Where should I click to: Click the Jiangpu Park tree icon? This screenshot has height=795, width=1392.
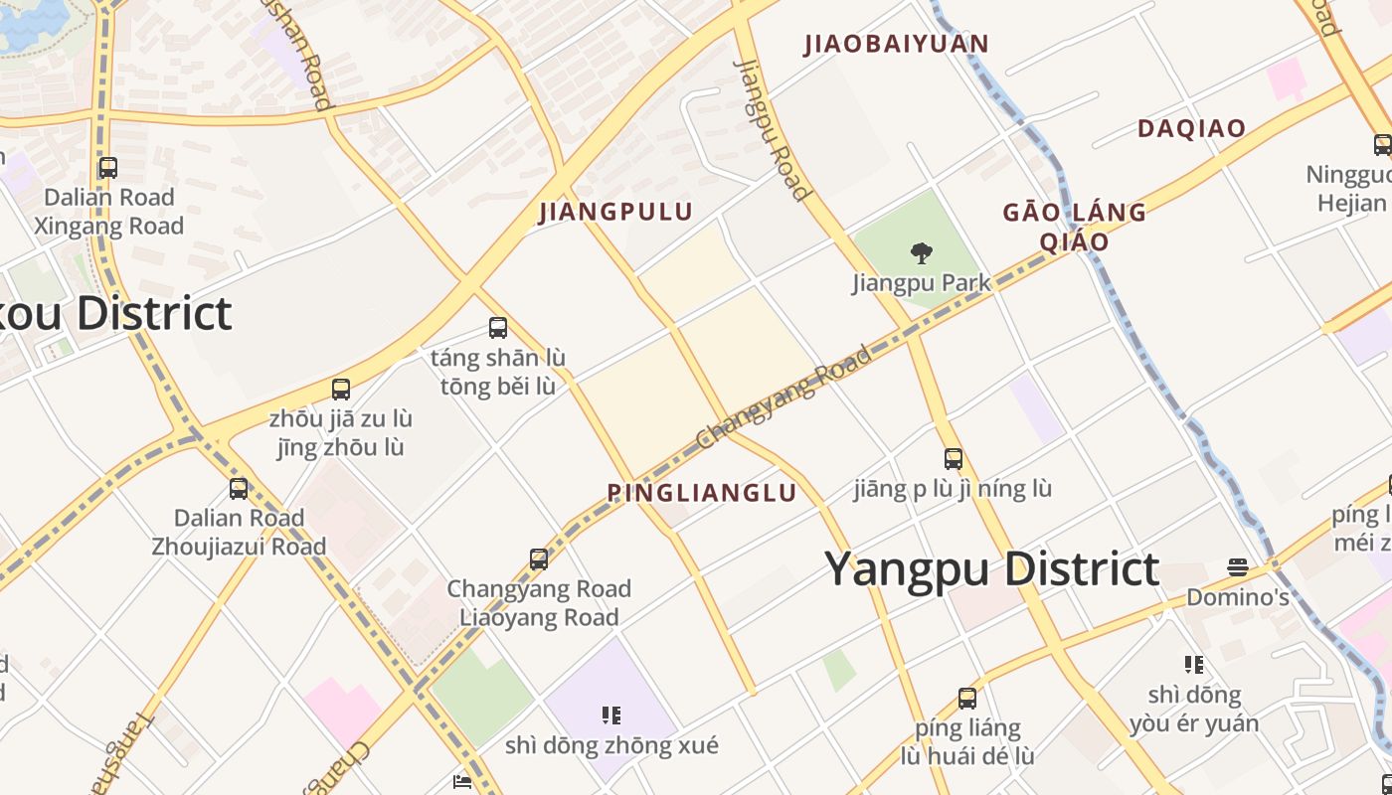922,253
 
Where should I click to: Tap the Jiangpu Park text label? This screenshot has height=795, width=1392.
922,283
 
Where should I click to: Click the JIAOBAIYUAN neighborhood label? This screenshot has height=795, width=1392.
897,44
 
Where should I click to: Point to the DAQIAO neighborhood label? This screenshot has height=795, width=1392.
1191,128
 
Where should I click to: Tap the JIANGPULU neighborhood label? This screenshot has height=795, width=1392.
615,212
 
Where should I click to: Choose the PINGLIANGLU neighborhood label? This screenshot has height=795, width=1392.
702,493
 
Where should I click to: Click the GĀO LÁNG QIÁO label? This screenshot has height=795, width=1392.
1074,227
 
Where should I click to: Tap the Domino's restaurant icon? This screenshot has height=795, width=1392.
1238,567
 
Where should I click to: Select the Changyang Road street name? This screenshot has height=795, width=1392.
784,397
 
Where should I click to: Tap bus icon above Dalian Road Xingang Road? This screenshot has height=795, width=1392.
108,168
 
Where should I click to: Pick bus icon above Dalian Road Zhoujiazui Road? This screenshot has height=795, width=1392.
239,489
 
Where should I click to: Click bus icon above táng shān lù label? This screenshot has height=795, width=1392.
498,328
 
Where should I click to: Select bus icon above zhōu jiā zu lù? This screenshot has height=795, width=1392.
341,390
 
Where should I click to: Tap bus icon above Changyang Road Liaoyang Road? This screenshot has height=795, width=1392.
539,559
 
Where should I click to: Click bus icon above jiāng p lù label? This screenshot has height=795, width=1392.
954,459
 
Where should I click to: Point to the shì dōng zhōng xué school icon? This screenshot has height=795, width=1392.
611,715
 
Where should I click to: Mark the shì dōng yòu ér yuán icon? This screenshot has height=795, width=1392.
1194,664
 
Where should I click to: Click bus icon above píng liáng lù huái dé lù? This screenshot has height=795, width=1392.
967,699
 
